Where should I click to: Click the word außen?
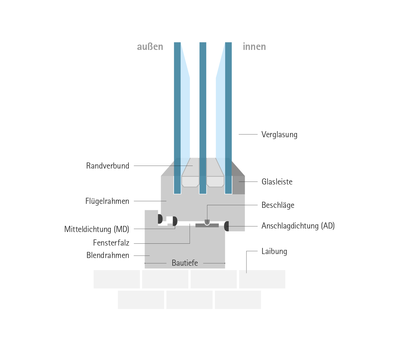(150, 47)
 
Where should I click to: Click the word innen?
(254, 47)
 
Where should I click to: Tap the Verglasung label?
(279, 135)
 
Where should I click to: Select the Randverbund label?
(108, 166)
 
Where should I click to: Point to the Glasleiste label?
(277, 182)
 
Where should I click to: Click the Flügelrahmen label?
(107, 201)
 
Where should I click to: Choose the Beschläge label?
(278, 205)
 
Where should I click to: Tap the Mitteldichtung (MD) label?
(97, 229)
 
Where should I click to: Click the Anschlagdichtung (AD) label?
(298, 226)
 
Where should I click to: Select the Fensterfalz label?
(111, 243)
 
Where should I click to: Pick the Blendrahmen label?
(108, 255)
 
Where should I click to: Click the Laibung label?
(274, 251)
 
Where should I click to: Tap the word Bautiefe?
(185, 263)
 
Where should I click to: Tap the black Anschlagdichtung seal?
(227, 226)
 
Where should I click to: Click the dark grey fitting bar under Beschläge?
(207, 225)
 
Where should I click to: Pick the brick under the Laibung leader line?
(262, 279)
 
